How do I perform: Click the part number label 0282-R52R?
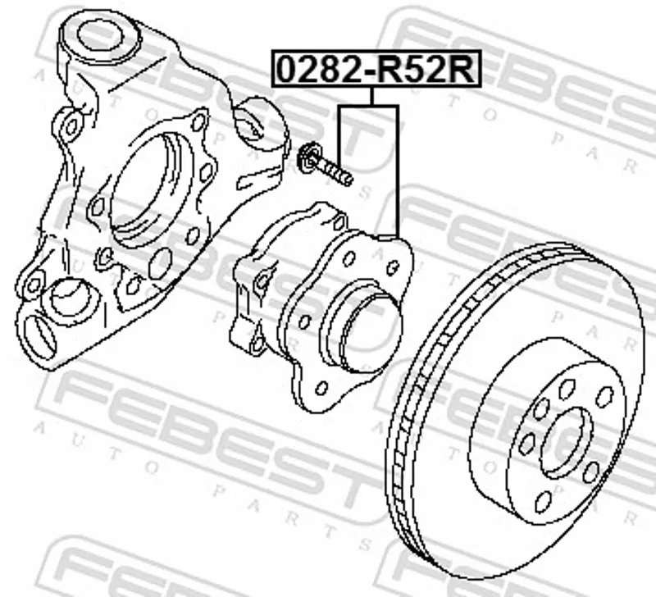[x=376, y=69]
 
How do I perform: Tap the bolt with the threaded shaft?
[x=325, y=164]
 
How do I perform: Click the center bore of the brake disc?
[x=567, y=443]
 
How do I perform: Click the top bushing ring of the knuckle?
[x=100, y=37]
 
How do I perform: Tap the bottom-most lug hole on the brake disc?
[x=544, y=502]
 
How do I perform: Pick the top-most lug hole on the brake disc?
[x=567, y=389]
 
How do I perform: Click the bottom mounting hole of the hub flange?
[x=321, y=388]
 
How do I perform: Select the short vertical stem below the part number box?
[x=371, y=96]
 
